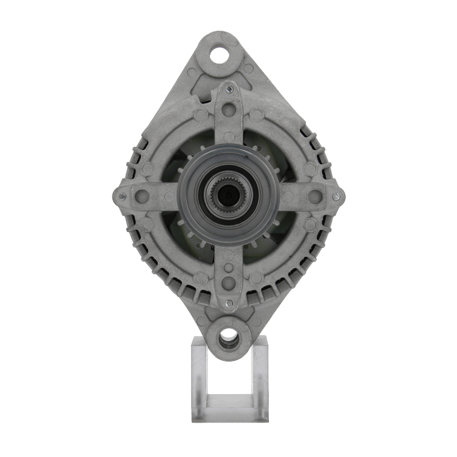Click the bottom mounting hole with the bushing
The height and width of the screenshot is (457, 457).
tap(228, 340)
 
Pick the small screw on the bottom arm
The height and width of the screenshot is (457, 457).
tap(228, 303)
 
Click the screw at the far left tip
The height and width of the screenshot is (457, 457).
tap(123, 196)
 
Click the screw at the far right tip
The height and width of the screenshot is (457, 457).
tap(335, 195)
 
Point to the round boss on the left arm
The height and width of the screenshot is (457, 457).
tap(142, 196)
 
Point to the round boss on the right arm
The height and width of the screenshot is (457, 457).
tap(315, 196)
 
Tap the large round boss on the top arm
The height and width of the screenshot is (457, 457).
tap(228, 110)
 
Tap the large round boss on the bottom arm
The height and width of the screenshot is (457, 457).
tap(228, 282)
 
